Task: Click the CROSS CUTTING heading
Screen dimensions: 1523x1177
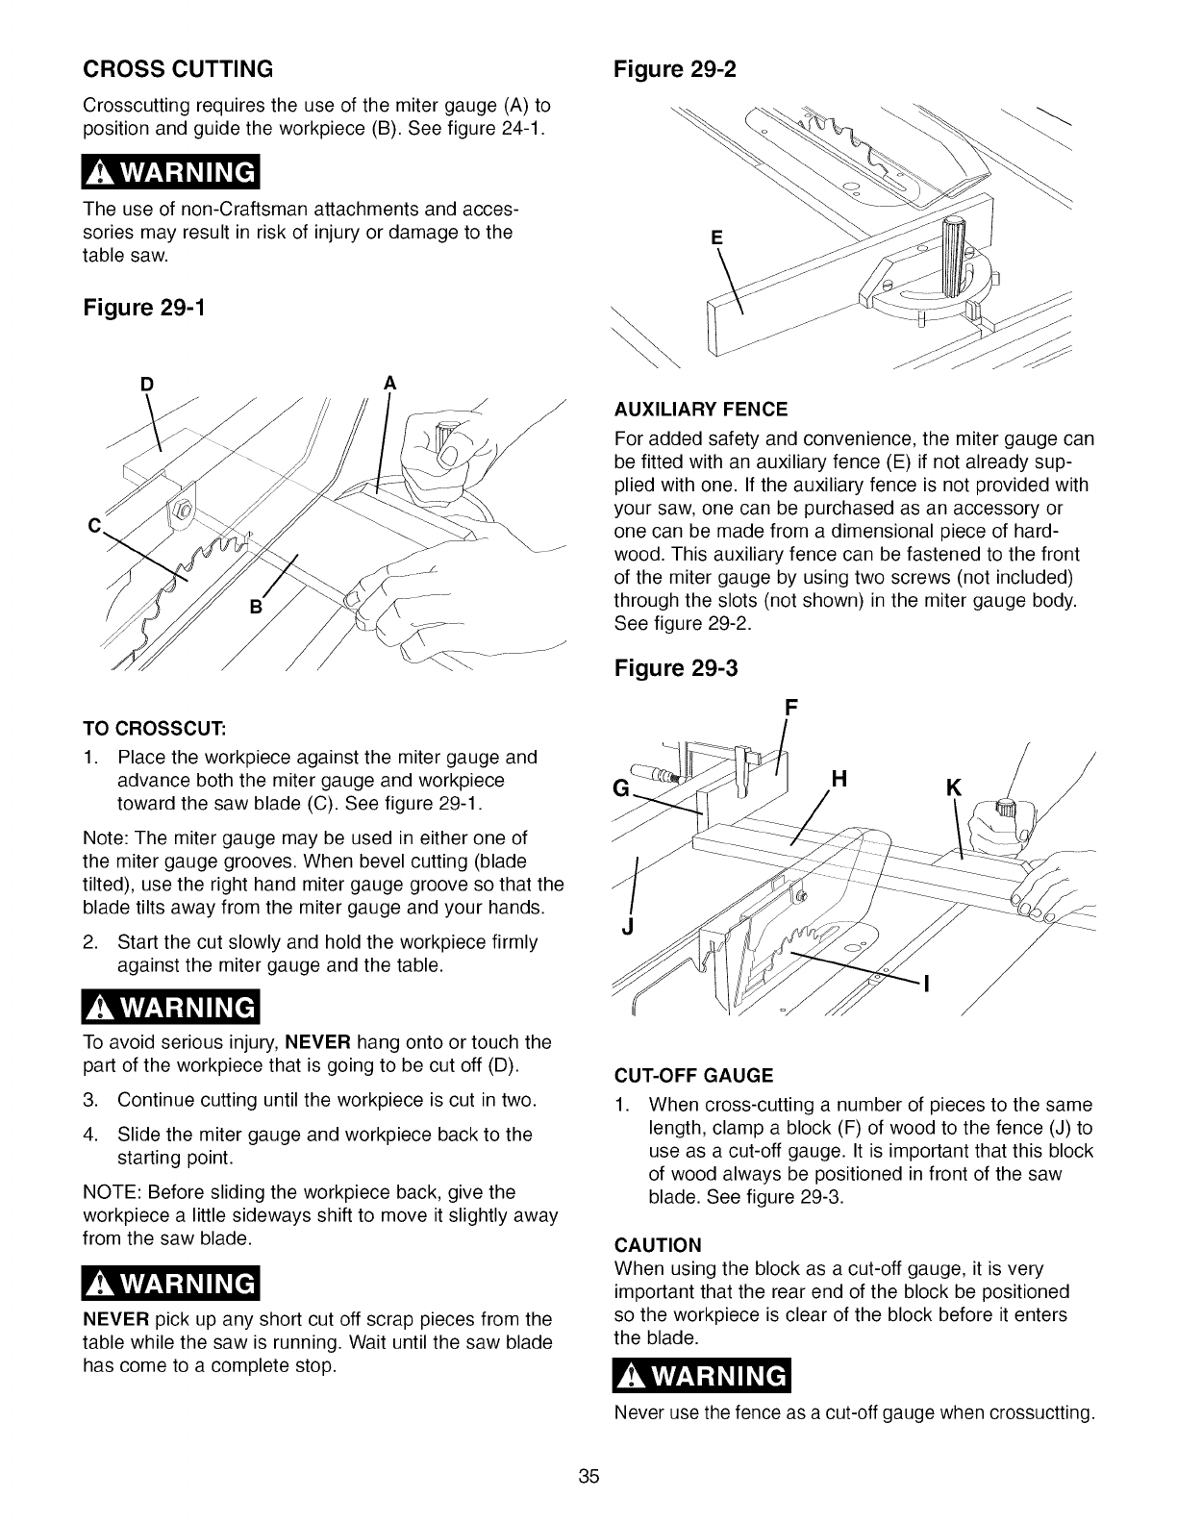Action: pyautogui.click(x=179, y=69)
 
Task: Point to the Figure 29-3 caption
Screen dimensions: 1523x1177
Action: pyautogui.click(x=675, y=667)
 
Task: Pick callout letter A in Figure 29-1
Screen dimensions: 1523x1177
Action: pyautogui.click(x=389, y=384)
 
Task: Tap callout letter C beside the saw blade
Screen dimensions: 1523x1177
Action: pyautogui.click(x=95, y=526)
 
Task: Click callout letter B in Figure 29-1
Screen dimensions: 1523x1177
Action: pyautogui.click(x=256, y=608)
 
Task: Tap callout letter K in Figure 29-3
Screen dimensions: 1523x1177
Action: pyautogui.click(x=953, y=788)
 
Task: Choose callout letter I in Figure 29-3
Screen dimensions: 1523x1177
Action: pyautogui.click(x=928, y=985)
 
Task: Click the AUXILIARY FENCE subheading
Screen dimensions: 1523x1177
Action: pyautogui.click(x=700, y=411)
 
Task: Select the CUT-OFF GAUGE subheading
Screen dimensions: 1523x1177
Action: pyautogui.click(x=692, y=1074)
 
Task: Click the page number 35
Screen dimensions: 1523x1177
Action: pyautogui.click(x=588, y=1477)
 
